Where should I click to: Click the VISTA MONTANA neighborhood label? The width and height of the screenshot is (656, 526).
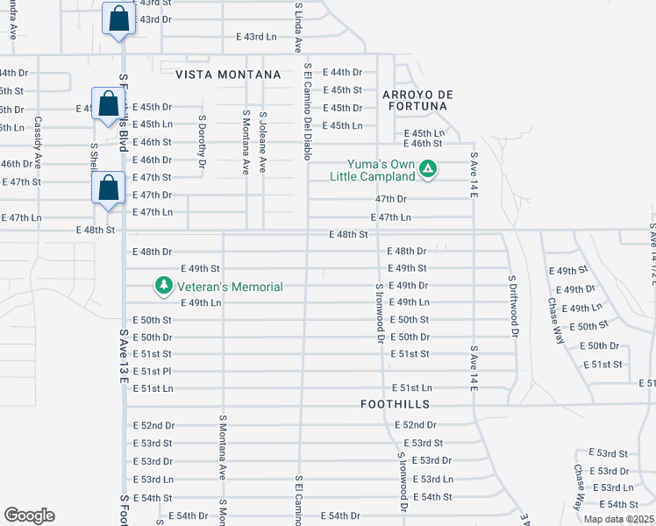pyautogui.click(x=227, y=75)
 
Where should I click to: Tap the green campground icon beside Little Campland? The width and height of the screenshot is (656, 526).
pyautogui.click(x=427, y=167)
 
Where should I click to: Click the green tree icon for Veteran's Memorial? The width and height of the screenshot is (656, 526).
pyautogui.click(x=163, y=286)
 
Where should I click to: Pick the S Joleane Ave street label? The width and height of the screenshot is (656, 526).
pyautogui.click(x=262, y=139)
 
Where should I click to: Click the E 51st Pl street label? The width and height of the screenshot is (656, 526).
pyautogui.click(x=152, y=371)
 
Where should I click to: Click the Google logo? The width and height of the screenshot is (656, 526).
pyautogui.click(x=29, y=515)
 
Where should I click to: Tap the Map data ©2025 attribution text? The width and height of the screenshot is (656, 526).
pyautogui.click(x=618, y=519)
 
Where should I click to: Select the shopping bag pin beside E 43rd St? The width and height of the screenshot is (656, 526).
pyautogui.click(x=118, y=18)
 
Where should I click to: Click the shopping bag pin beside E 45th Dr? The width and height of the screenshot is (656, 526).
pyautogui.click(x=107, y=103)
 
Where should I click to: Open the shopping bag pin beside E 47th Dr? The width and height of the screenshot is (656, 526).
pyautogui.click(x=107, y=188)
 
